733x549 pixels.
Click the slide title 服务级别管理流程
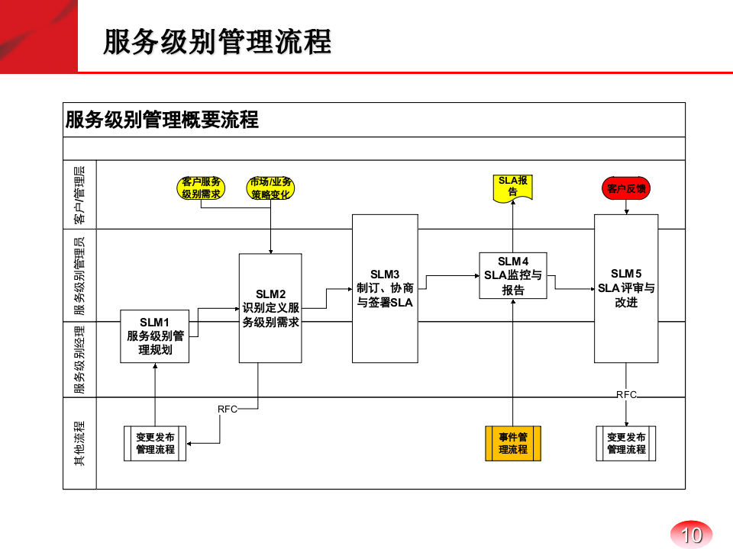click(x=218, y=42)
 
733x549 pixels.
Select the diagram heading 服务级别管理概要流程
click(x=162, y=120)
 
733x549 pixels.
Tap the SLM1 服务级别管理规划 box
click(x=155, y=336)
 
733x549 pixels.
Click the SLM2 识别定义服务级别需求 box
click(x=270, y=308)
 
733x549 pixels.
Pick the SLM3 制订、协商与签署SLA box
click(x=385, y=288)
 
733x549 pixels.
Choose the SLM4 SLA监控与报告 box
click(x=513, y=276)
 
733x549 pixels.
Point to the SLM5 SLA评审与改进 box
click(x=626, y=288)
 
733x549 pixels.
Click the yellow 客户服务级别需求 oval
click(x=201, y=188)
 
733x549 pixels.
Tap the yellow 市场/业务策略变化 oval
click(x=270, y=188)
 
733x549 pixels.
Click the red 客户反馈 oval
click(x=626, y=188)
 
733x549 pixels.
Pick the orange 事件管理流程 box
click(x=513, y=444)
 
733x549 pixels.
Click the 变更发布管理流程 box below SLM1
click(x=155, y=444)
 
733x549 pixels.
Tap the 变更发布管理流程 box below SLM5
click(x=626, y=444)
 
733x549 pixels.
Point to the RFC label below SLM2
click(x=228, y=409)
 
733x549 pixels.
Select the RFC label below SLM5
click(x=626, y=394)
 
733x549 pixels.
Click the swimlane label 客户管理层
click(x=79, y=195)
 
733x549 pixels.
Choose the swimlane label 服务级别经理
click(x=79, y=360)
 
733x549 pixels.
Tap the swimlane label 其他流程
click(x=79, y=443)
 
